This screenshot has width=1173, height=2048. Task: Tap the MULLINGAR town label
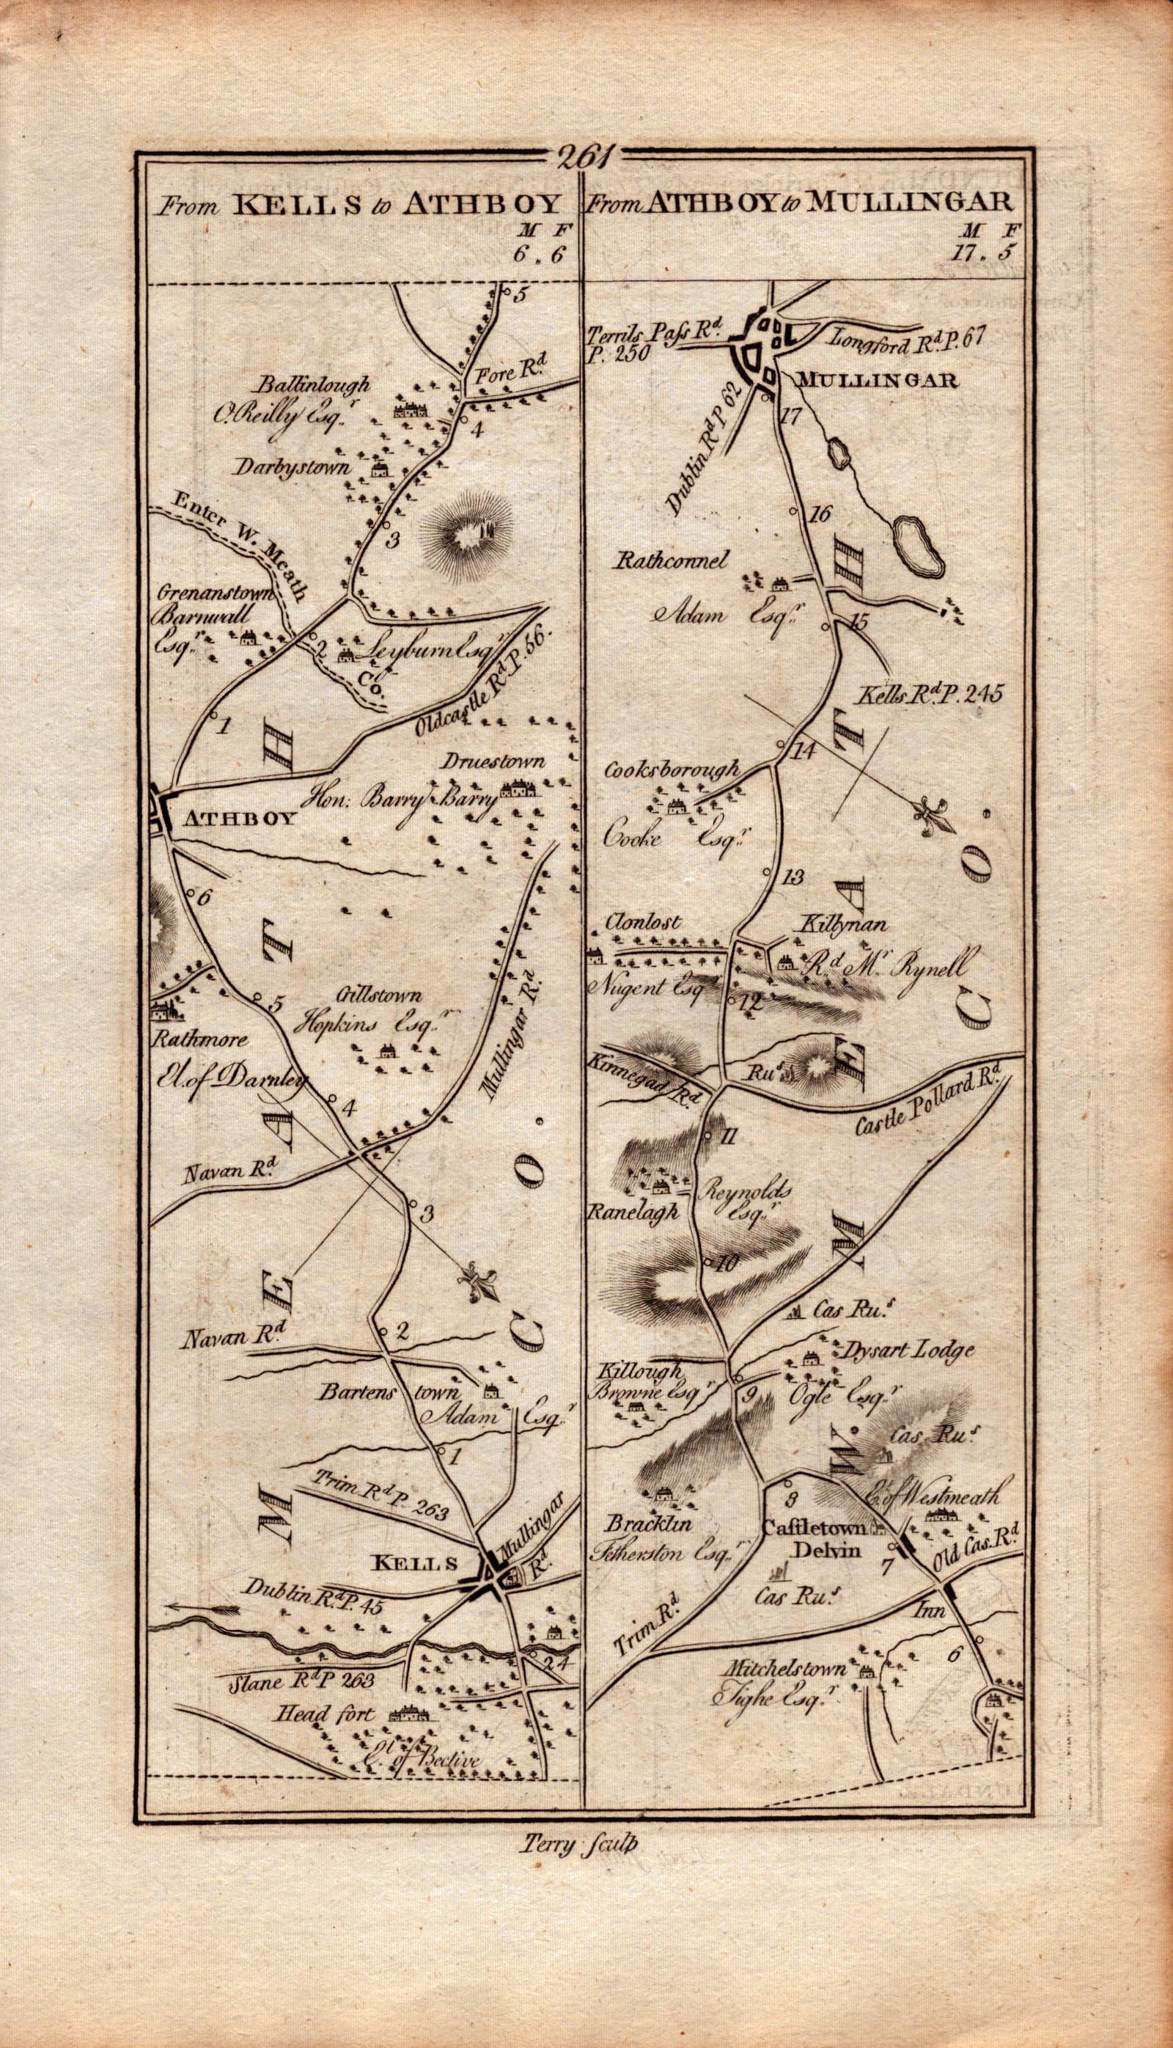(x=878, y=382)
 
